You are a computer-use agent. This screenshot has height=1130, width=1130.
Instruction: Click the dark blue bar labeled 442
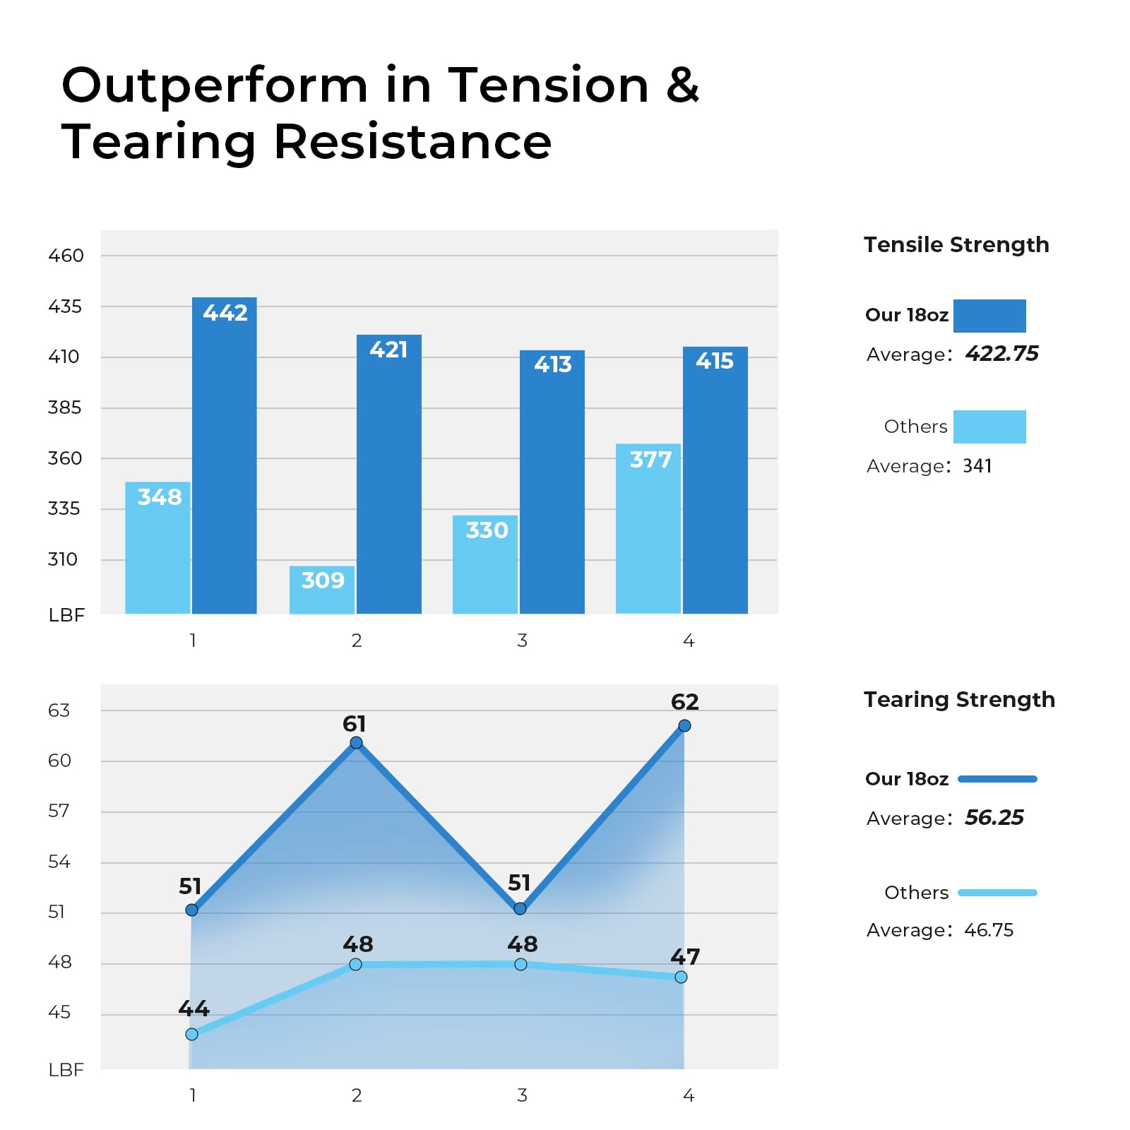pyautogui.click(x=225, y=456)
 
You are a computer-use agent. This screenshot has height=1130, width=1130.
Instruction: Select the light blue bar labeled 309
pyautogui.click(x=322, y=590)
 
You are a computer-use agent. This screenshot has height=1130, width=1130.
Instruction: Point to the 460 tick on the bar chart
pyautogui.click(x=66, y=256)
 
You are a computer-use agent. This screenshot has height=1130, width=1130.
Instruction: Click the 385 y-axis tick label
pyautogui.click(x=64, y=408)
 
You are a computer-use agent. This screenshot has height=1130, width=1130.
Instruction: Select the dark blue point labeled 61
pyautogui.click(x=357, y=742)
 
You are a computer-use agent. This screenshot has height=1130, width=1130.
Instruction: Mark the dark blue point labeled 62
pyautogui.click(x=684, y=725)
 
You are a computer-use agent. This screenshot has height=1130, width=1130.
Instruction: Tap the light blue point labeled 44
pyautogui.click(x=192, y=1034)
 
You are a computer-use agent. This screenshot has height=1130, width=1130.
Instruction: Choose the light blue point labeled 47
pyautogui.click(x=681, y=977)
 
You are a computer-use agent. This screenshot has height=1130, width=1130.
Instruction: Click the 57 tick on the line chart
pyautogui.click(x=59, y=811)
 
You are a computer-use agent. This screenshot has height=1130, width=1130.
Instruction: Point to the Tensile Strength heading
pyautogui.click(x=956, y=244)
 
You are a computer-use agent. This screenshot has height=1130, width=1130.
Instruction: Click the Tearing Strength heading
pyautogui.click(x=959, y=699)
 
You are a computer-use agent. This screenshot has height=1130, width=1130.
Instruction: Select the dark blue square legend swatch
pyautogui.click(x=989, y=316)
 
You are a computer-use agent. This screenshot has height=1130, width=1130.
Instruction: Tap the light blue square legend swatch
pyautogui.click(x=989, y=427)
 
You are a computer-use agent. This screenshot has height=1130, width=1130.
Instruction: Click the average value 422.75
pyautogui.click(x=1001, y=353)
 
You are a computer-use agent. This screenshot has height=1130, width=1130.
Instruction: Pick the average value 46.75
pyautogui.click(x=988, y=929)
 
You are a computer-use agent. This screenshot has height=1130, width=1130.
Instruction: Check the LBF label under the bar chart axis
pyautogui.click(x=66, y=615)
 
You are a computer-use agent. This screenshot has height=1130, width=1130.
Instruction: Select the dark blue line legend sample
pyautogui.click(x=997, y=779)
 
